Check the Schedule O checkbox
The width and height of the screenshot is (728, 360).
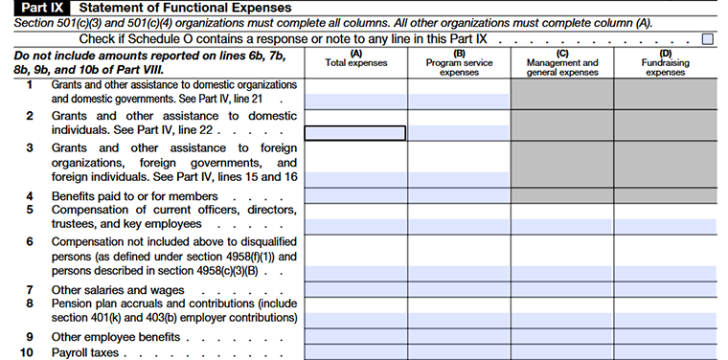(708, 39)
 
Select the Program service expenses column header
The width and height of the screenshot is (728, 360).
(459, 64)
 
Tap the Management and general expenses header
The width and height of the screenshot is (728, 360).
(562, 64)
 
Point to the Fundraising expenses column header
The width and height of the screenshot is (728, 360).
(665, 64)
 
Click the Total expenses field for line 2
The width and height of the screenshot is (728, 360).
(355, 133)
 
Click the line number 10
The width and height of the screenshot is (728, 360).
(29, 352)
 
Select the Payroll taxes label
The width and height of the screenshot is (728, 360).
(85, 352)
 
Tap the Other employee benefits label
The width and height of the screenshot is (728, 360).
(116, 337)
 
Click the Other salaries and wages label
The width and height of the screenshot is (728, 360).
(111, 289)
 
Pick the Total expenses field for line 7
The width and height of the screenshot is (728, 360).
(355, 289)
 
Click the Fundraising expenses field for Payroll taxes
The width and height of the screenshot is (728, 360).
(665, 352)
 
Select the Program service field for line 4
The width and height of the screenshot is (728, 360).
(459, 195)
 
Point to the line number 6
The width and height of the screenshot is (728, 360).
(29, 241)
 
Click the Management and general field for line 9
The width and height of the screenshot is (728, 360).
(562, 337)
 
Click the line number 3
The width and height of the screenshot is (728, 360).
(29, 147)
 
